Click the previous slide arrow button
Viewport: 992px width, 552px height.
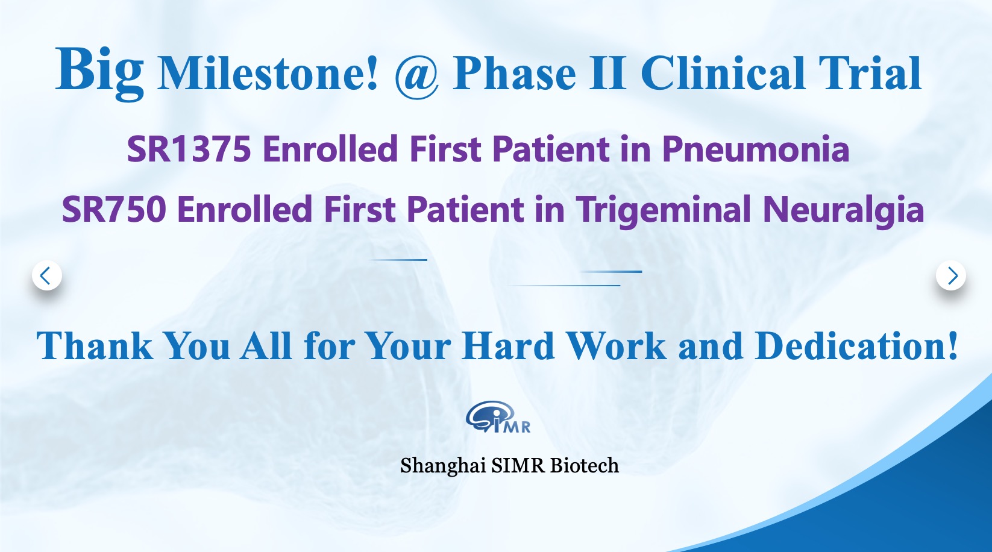click(47, 276)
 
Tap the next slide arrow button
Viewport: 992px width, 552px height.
click(951, 276)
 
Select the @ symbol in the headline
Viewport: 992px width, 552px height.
click(416, 76)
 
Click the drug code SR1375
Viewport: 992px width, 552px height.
click(189, 149)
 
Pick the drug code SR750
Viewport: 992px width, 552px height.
click(114, 209)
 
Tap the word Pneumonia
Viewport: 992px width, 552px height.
click(756, 149)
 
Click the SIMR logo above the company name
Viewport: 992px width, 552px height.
click(498, 416)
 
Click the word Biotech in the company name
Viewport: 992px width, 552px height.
click(584, 465)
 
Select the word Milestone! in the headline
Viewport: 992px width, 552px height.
click(268, 74)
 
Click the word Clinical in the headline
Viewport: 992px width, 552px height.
click(722, 74)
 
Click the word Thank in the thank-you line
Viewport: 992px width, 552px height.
click(95, 345)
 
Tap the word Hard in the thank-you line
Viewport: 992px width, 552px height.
click(508, 345)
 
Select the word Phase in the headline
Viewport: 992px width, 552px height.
click(514, 74)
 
